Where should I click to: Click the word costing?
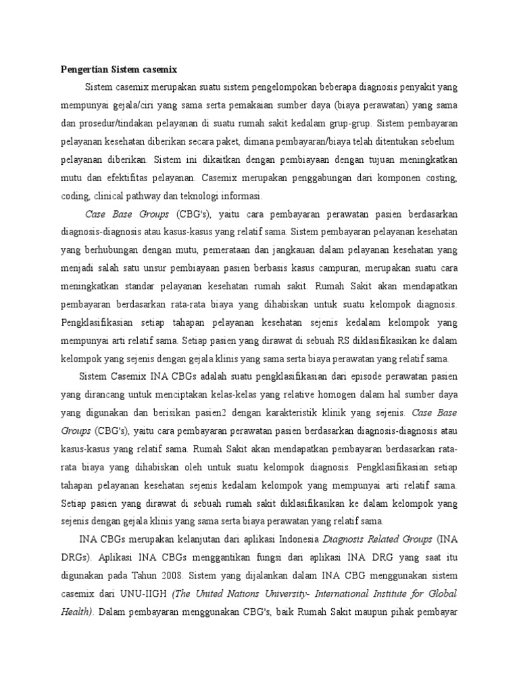[443, 178]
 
